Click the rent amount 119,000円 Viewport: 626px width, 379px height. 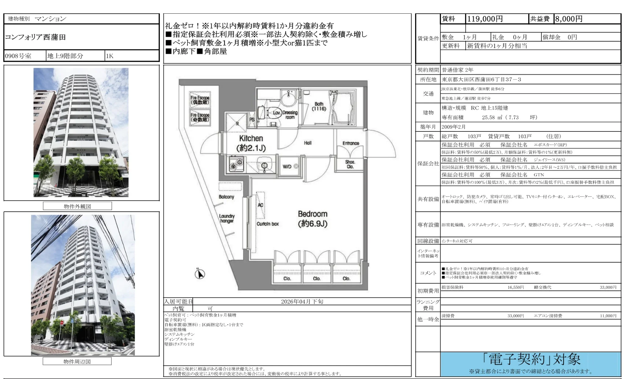coord(485,19)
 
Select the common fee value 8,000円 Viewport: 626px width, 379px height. coord(568,19)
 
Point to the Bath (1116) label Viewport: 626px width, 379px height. coord(319,106)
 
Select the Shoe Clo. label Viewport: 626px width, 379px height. coord(350,164)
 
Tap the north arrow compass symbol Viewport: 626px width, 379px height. coord(200,274)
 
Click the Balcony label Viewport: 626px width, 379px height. coord(226,197)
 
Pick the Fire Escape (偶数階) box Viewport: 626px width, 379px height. coord(200,100)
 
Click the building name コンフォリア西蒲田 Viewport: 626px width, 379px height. coord(35,37)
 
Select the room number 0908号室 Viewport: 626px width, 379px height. coord(18,56)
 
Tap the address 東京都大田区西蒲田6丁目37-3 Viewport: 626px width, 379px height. coord(481,79)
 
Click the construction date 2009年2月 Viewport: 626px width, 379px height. coord(454,127)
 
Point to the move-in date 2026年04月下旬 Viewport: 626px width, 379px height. coord(302,301)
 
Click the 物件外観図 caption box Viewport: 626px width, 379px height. coord(77,206)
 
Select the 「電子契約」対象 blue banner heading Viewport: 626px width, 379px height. coord(531,360)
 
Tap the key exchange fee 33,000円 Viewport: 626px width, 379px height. coord(608,287)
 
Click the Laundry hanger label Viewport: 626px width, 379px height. coord(227,218)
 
